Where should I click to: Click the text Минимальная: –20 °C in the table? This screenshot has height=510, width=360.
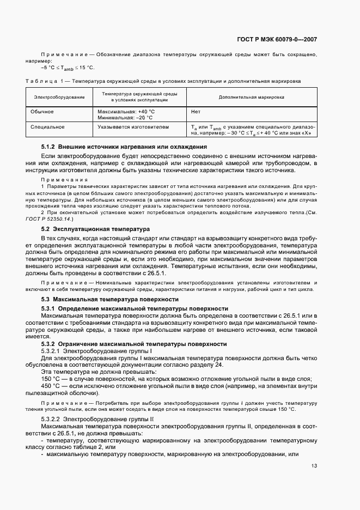pos(124,117)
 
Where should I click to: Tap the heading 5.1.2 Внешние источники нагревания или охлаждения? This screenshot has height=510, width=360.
pos(124,147)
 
